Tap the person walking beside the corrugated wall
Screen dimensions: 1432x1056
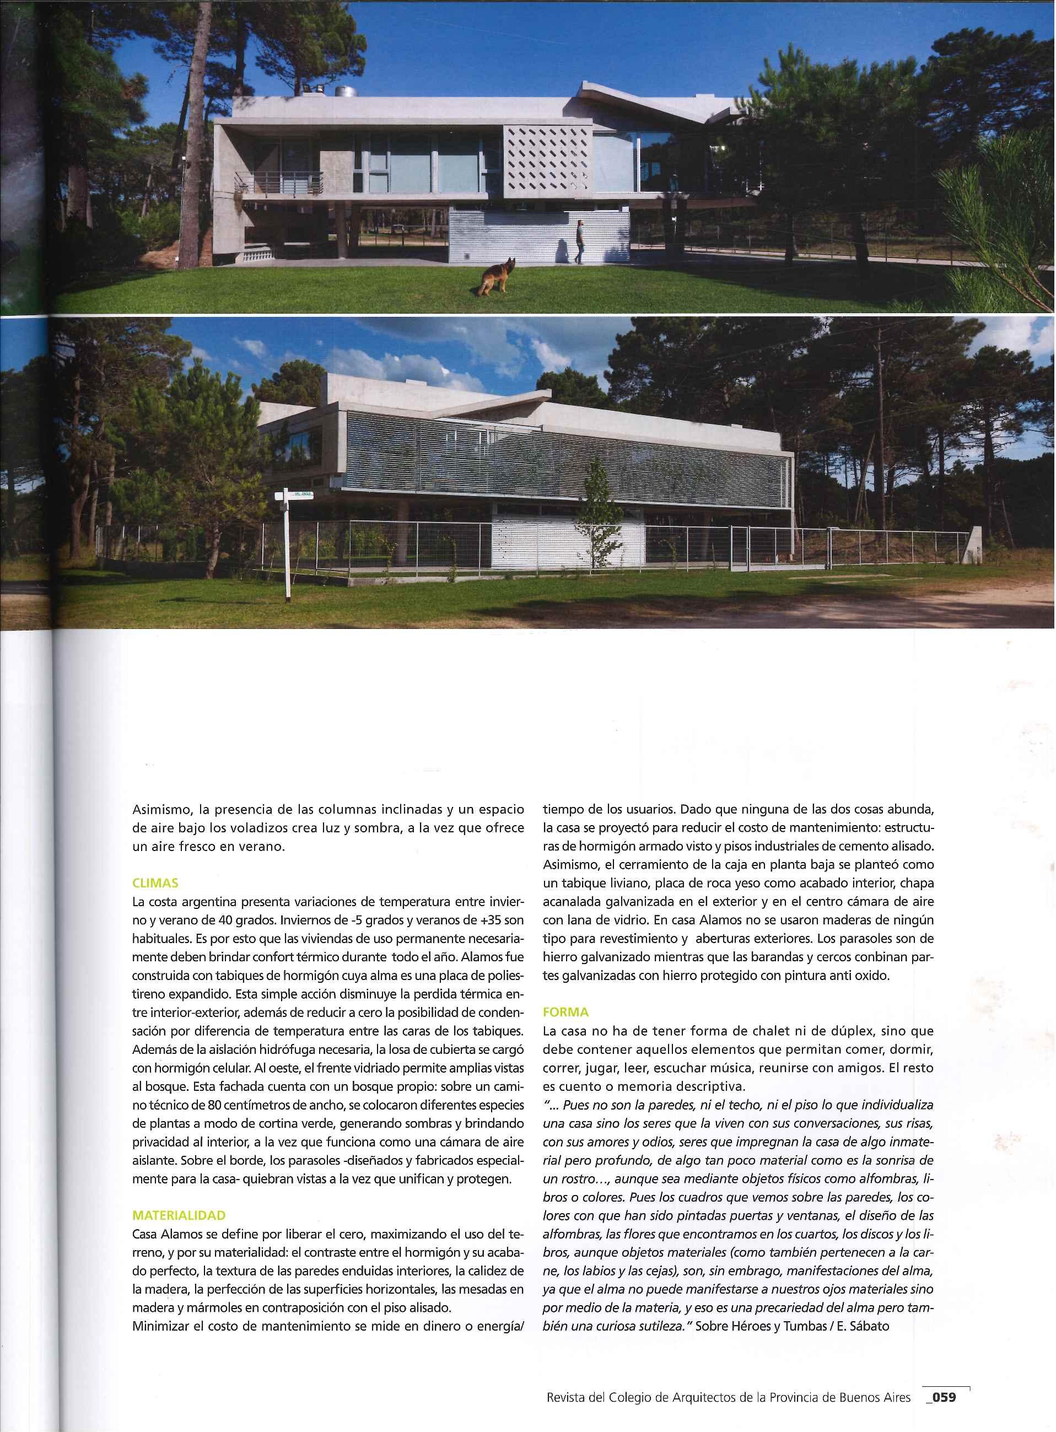coord(580,241)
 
